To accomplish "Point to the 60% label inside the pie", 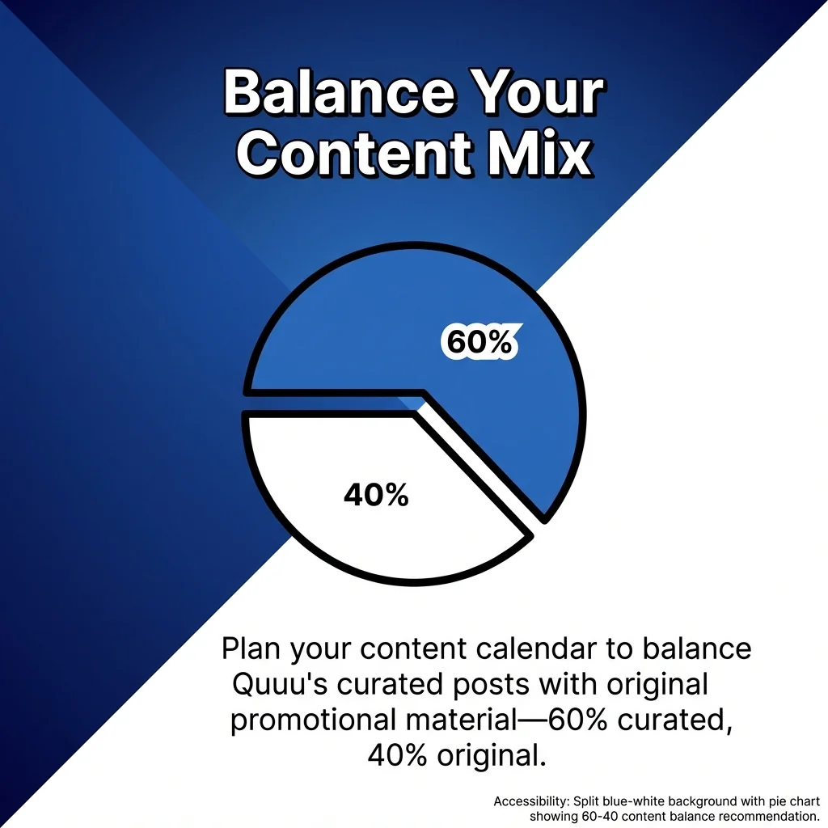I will tap(479, 343).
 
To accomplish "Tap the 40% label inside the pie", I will tap(376, 495).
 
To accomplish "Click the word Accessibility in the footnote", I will tap(530, 801).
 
